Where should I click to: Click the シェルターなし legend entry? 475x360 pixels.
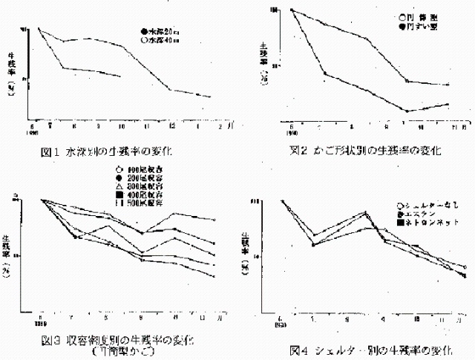pos(428,205)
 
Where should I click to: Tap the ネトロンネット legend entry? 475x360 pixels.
pos(428,221)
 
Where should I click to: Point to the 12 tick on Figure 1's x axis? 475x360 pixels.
pos(171,124)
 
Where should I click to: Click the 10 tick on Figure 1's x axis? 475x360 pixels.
pos(121,124)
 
